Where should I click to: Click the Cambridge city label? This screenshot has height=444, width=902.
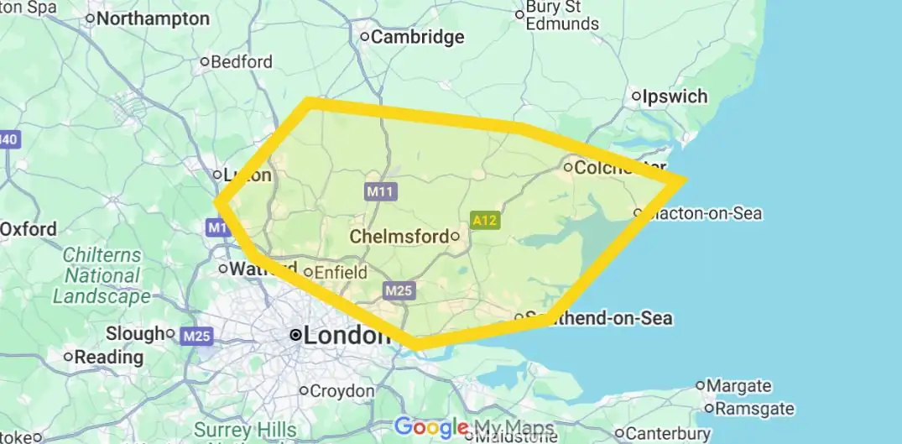click(417, 37)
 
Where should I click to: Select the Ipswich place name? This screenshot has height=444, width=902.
click(675, 97)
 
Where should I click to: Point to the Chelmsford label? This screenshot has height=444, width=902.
click(399, 237)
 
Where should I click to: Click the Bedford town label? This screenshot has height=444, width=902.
click(242, 61)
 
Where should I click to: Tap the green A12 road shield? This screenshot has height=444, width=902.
click(485, 221)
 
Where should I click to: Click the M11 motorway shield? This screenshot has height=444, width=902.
click(380, 191)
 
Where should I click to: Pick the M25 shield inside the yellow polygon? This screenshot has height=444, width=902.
click(399, 291)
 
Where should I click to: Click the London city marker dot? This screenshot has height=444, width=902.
click(295, 335)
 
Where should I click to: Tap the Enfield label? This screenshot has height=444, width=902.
click(341, 272)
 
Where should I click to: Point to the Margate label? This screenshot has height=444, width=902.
click(738, 386)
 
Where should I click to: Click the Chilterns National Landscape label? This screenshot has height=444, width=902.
click(102, 275)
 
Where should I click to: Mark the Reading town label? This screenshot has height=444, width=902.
click(108, 358)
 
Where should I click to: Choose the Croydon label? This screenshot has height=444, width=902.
click(342, 391)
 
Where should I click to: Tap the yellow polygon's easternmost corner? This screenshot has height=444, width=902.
click(686, 180)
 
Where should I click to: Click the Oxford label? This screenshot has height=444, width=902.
click(29, 229)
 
